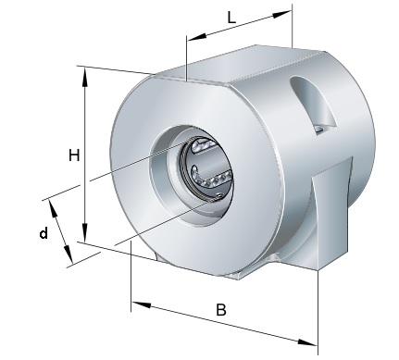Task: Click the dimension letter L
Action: (231, 19)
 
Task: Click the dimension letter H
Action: (74, 155)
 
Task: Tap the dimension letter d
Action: (44, 233)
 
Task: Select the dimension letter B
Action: (221, 310)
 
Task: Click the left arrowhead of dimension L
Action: (197, 36)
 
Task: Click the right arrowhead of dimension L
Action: (281, 14)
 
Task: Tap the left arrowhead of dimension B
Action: (142, 304)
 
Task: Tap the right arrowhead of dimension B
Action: (307, 342)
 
